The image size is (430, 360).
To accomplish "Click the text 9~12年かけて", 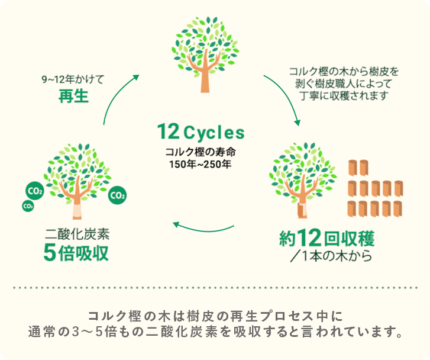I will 73,79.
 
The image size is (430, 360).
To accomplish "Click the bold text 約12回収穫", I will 327,239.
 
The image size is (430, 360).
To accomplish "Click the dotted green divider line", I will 215,288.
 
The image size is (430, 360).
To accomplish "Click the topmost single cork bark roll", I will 355,168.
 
